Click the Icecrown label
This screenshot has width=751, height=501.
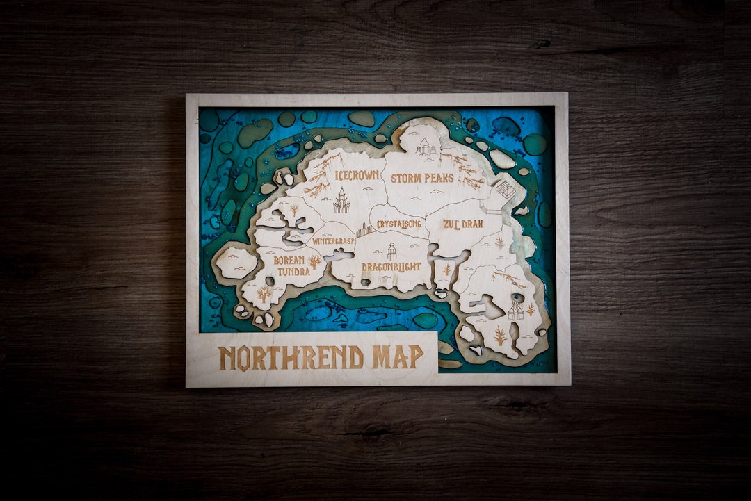pyautogui.click(x=357, y=176)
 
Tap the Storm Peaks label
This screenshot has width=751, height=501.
pyautogui.click(x=421, y=179)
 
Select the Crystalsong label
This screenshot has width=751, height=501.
pyautogui.click(x=399, y=224)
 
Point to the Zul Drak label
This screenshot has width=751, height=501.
pyautogui.click(x=462, y=224)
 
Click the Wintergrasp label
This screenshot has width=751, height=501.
pyautogui.click(x=333, y=241)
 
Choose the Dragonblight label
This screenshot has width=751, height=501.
pyautogui.click(x=391, y=266)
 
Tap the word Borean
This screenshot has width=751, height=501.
pyautogui.click(x=289, y=261)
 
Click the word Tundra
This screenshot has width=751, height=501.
pyautogui.click(x=293, y=271)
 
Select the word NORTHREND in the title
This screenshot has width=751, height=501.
pyautogui.click(x=291, y=357)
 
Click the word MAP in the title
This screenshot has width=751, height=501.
pyautogui.click(x=397, y=357)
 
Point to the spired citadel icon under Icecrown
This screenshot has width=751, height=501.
pyautogui.click(x=341, y=201)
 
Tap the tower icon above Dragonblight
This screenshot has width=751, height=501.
pyautogui.click(x=391, y=252)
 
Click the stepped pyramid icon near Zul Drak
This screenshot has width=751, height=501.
pyautogui.click(x=506, y=190)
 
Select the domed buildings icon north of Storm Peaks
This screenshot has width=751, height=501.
pyautogui.click(x=425, y=147)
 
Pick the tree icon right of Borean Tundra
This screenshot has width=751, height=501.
pyautogui.click(x=315, y=262)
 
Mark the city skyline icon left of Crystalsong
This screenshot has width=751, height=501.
pyautogui.click(x=364, y=230)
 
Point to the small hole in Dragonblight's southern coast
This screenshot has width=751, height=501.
pyautogui.click(x=365, y=282)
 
